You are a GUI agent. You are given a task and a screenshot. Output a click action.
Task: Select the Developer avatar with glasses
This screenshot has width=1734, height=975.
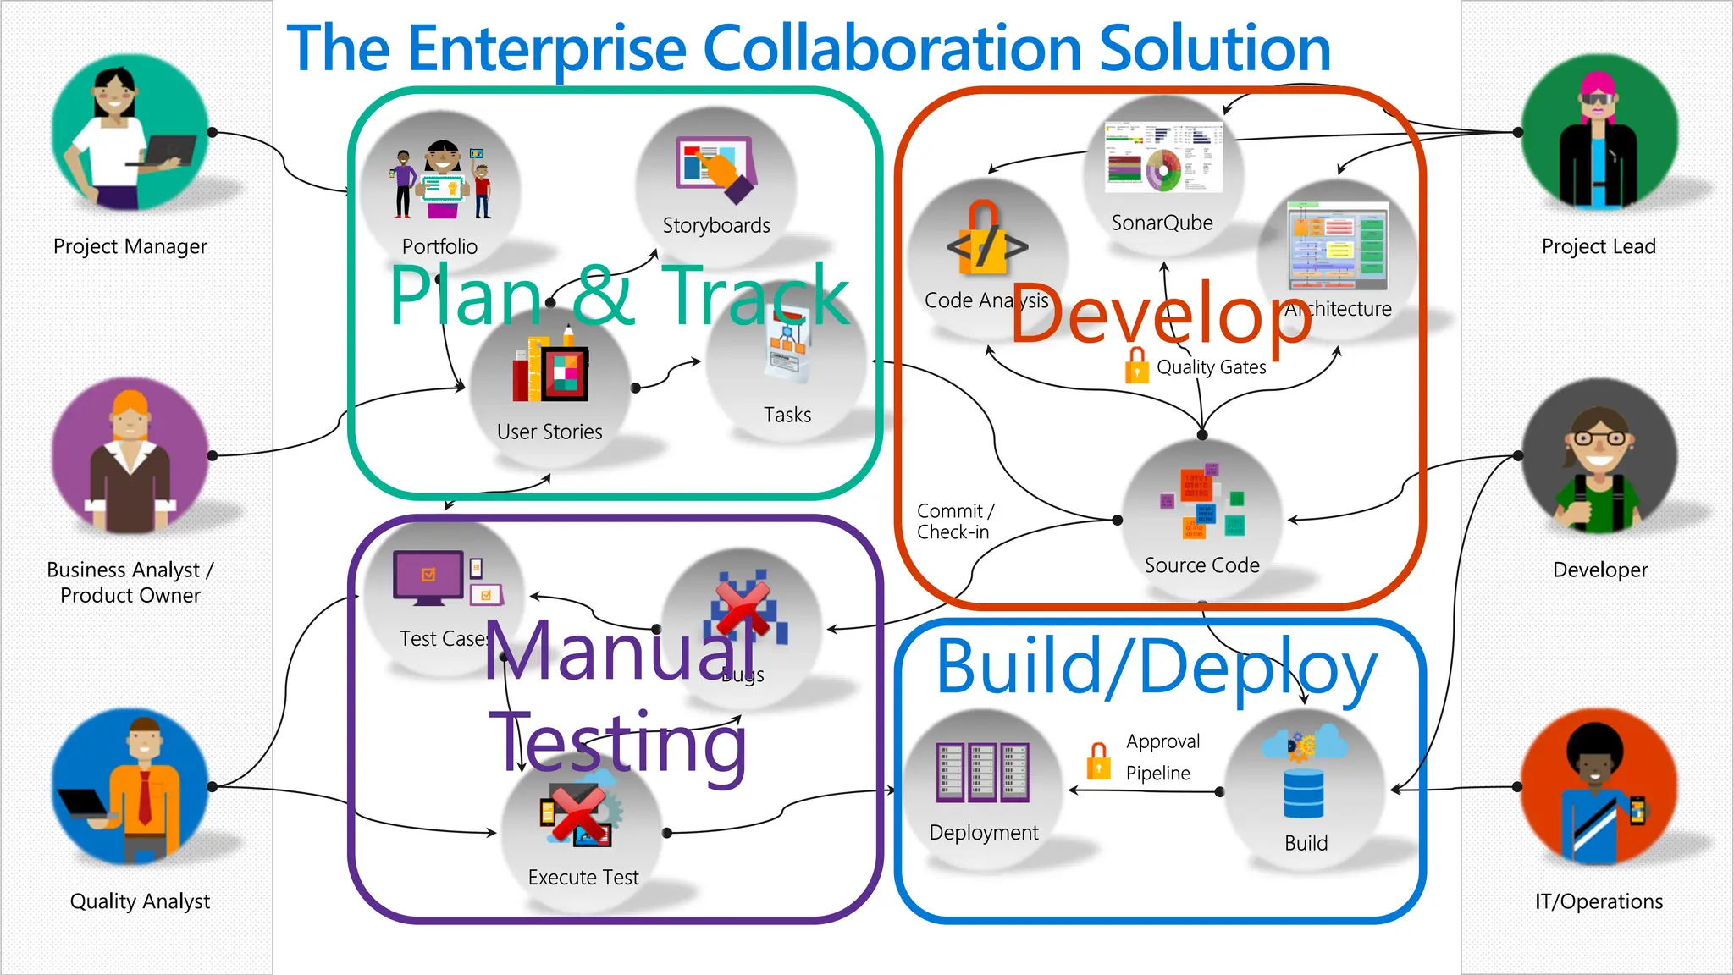(x=1599, y=457)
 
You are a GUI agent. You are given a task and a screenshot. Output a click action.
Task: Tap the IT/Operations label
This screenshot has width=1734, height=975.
(x=1599, y=901)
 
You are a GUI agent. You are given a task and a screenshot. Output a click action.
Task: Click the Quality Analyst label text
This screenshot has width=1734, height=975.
(x=140, y=901)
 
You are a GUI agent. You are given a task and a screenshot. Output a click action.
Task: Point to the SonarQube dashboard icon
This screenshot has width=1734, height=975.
(x=1163, y=157)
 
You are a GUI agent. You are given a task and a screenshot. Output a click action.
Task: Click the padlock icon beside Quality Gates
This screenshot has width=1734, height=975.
(x=1136, y=366)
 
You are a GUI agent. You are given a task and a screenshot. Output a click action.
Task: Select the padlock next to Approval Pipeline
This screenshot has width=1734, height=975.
(x=1098, y=759)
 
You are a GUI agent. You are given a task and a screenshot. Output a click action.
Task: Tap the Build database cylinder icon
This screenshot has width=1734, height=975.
(x=1304, y=793)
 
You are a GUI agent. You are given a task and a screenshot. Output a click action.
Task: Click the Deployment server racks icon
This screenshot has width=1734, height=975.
(x=982, y=772)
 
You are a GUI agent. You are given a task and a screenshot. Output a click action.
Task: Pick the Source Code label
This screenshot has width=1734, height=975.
(x=1201, y=565)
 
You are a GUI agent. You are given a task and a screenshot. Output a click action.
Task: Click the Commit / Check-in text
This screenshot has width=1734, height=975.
(x=954, y=521)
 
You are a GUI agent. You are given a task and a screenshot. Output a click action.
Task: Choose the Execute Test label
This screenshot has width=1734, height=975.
(x=583, y=878)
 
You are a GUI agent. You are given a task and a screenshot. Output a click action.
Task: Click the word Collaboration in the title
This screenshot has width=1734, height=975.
(x=892, y=48)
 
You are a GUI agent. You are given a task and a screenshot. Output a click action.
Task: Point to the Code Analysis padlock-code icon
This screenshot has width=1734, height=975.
(x=986, y=241)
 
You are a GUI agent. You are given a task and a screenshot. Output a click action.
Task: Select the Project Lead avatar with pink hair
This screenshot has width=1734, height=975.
(x=1599, y=132)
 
